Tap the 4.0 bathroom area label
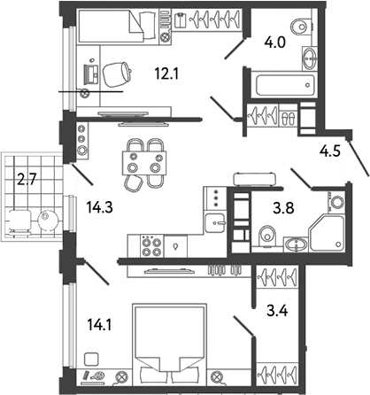pos(267,41)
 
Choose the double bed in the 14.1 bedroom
pos(168,341)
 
